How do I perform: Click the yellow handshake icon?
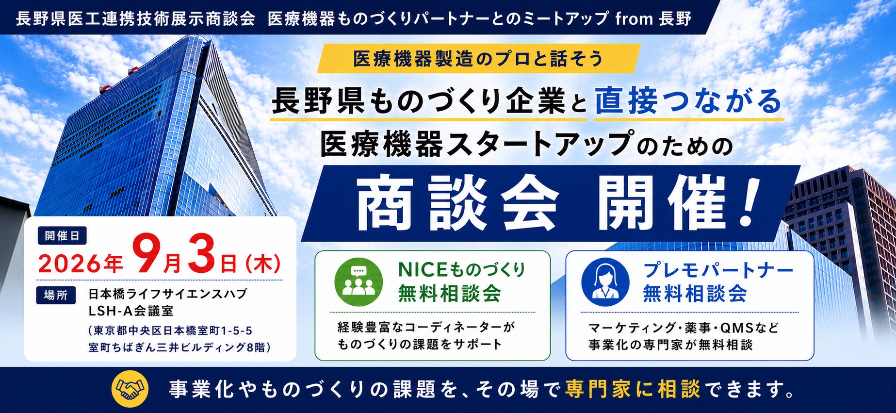(x=130, y=389)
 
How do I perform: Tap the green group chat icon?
(x=358, y=281)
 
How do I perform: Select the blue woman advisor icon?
(x=605, y=281)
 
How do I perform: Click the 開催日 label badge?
(x=62, y=236)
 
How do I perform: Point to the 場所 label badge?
(x=56, y=295)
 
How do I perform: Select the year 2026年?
(x=81, y=264)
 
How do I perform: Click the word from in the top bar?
(x=634, y=19)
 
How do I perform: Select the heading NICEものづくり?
(x=461, y=270)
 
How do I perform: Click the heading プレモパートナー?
(x=718, y=270)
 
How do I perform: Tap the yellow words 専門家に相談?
(x=633, y=389)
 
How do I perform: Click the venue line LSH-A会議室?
(x=131, y=311)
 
